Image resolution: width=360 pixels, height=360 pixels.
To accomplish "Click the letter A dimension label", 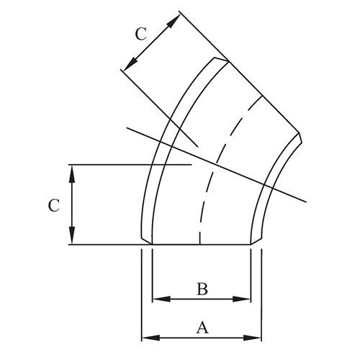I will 202,328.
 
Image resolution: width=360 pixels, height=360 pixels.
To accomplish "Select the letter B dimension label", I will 202,289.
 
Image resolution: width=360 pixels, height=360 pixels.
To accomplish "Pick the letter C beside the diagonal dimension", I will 141,33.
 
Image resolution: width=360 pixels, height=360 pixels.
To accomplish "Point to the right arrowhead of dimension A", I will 256,337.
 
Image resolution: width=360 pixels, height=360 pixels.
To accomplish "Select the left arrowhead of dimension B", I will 157,298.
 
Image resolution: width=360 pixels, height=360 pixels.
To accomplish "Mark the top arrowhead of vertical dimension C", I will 71,169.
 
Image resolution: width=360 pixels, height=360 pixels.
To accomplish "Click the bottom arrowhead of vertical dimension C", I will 71,240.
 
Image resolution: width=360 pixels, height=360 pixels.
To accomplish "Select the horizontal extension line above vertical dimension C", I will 130,165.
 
